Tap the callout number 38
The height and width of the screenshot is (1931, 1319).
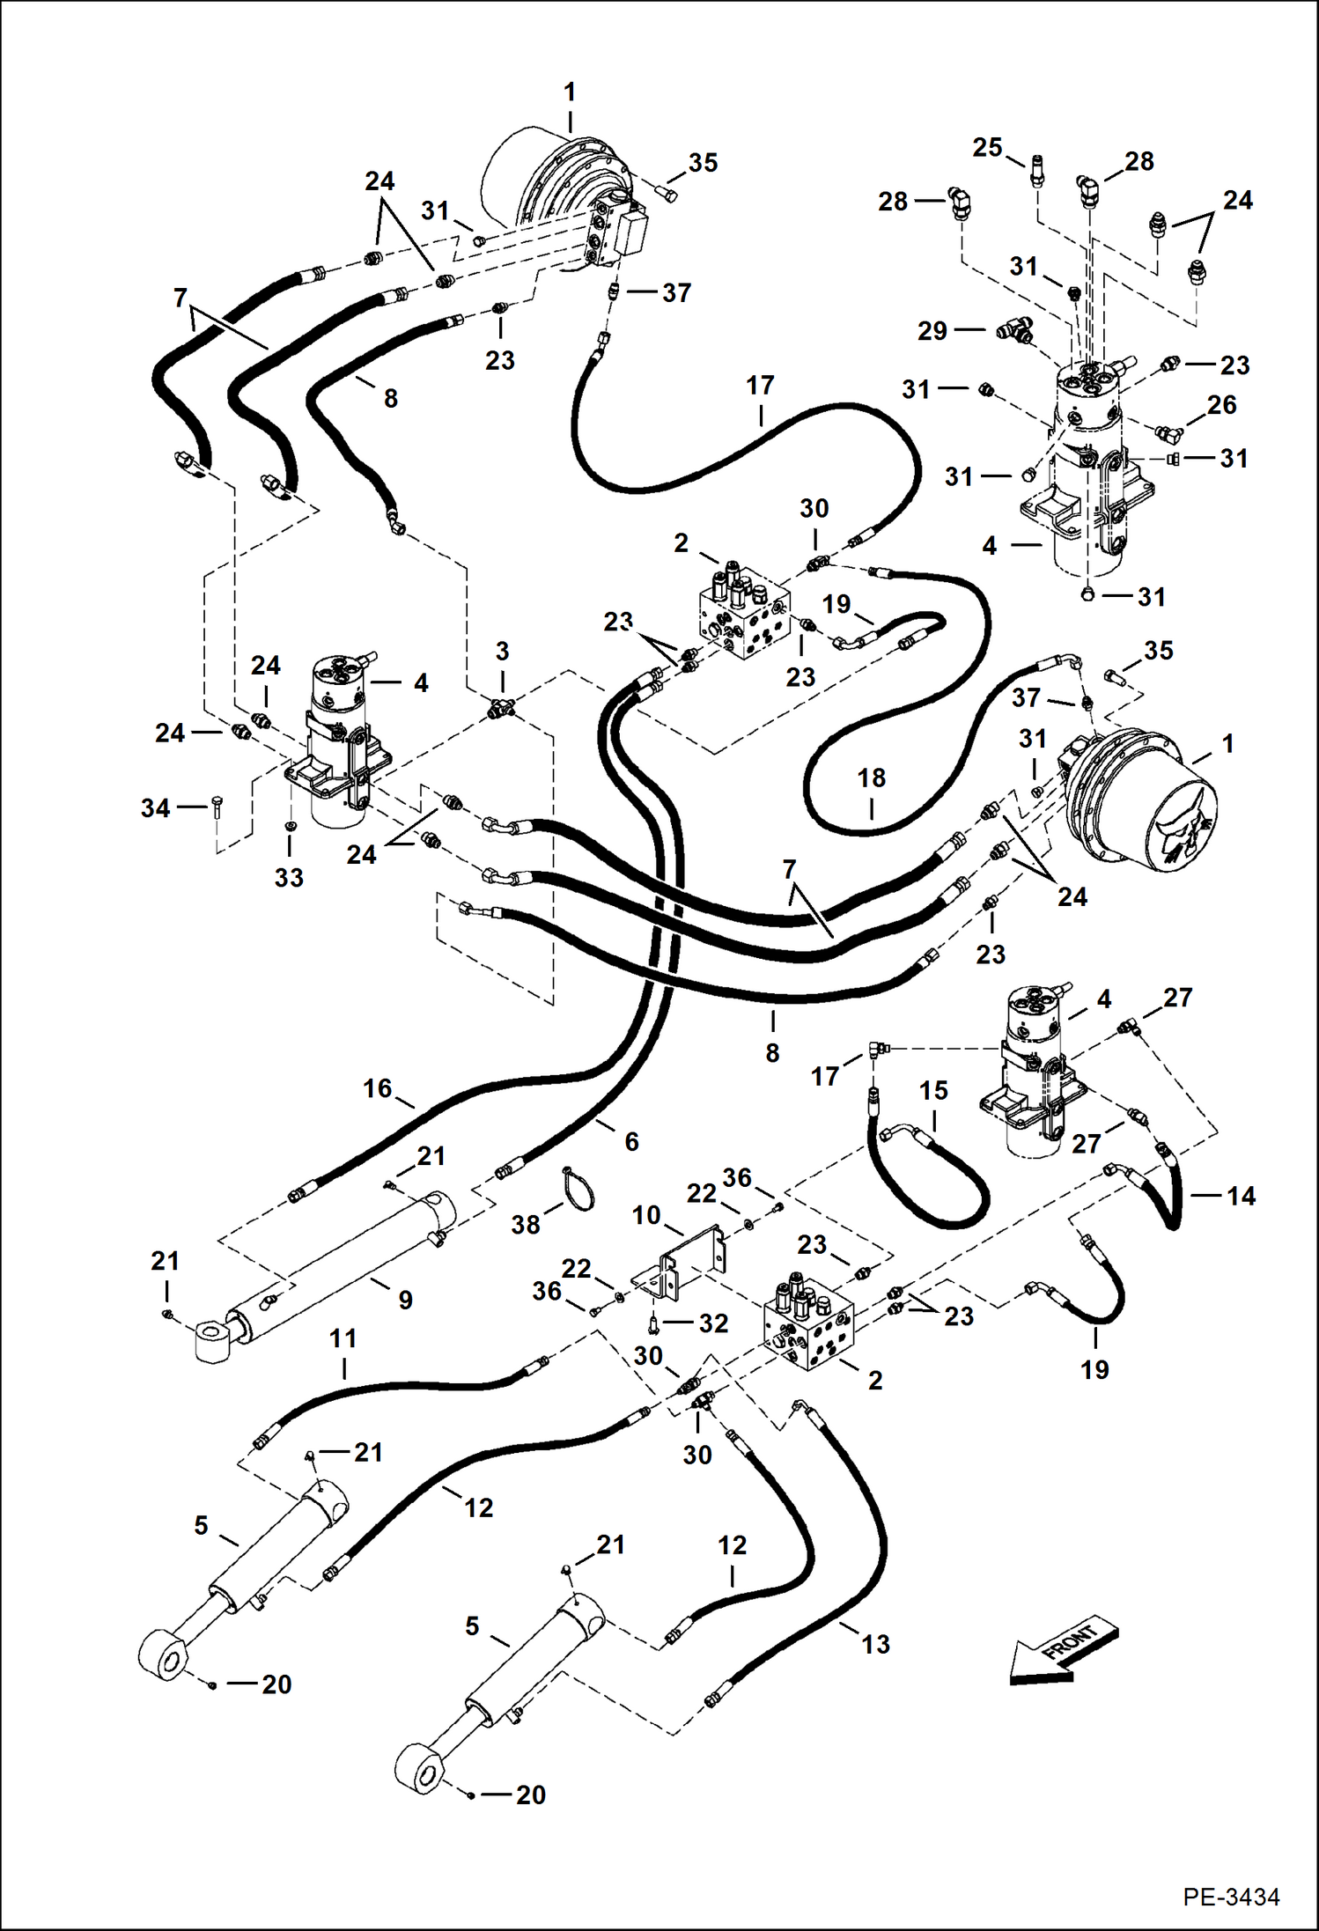tap(526, 1225)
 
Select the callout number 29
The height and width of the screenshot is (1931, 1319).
tap(932, 331)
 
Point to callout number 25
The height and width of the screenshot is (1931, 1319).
tap(987, 148)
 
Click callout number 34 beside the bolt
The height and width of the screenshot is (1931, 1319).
tap(155, 807)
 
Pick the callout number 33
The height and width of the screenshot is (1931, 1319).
tap(289, 877)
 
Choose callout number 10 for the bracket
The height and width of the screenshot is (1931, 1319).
tap(646, 1216)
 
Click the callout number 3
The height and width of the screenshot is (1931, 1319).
tap(502, 652)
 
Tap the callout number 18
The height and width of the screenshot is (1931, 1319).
tap(872, 778)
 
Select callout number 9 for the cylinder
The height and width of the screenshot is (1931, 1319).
tap(405, 1300)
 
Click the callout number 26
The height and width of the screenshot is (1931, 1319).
tap(1221, 405)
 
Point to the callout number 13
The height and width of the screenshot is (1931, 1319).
tap(875, 1644)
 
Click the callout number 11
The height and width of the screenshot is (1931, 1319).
tap(343, 1339)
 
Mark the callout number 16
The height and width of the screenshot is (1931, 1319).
tap(377, 1088)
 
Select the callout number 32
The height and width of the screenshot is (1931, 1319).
tap(713, 1323)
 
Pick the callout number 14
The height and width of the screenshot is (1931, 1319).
tap(1240, 1196)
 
